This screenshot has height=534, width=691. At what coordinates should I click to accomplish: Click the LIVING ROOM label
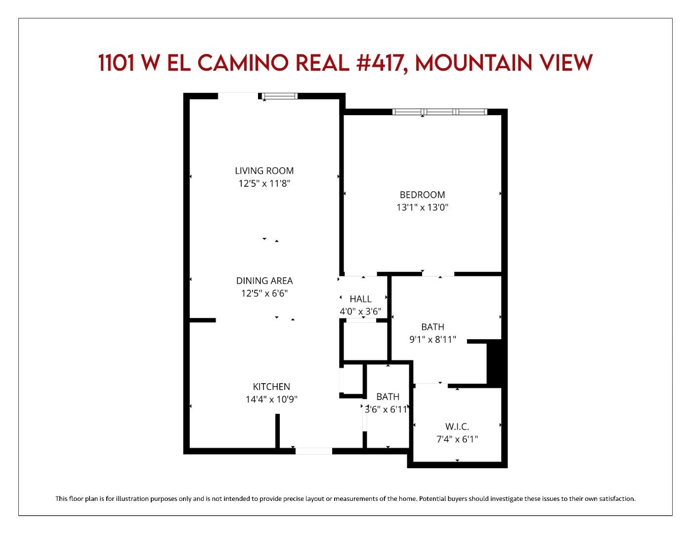coord(264,171)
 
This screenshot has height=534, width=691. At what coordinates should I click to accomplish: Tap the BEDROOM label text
coord(422,195)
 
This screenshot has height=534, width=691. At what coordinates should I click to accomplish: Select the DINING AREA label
coord(264,280)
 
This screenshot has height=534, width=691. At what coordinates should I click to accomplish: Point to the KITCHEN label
coord(271,387)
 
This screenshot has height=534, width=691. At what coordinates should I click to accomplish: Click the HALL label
coord(360,299)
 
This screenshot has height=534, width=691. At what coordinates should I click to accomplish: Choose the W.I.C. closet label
coord(457,426)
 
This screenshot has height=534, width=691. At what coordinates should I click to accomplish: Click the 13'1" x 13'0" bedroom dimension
coord(422,207)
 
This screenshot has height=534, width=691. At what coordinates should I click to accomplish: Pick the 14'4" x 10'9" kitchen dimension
coord(271,399)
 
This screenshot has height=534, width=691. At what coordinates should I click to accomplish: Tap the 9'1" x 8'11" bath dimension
coord(432,339)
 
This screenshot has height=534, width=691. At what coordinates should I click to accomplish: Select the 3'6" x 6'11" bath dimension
coord(386,409)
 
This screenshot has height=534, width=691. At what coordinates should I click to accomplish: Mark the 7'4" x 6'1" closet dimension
coord(457,439)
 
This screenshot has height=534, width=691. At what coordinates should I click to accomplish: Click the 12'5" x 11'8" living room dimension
coord(264,183)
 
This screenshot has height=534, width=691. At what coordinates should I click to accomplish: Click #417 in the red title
coord(382,63)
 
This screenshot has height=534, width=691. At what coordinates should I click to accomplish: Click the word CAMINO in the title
coord(242,63)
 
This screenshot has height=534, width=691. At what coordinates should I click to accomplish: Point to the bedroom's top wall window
coord(440,112)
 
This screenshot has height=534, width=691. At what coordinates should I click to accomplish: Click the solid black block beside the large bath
coord(494,362)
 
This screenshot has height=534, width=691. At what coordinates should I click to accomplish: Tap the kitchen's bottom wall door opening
coord(314,451)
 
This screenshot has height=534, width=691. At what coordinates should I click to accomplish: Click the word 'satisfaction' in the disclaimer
coord(616,498)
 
